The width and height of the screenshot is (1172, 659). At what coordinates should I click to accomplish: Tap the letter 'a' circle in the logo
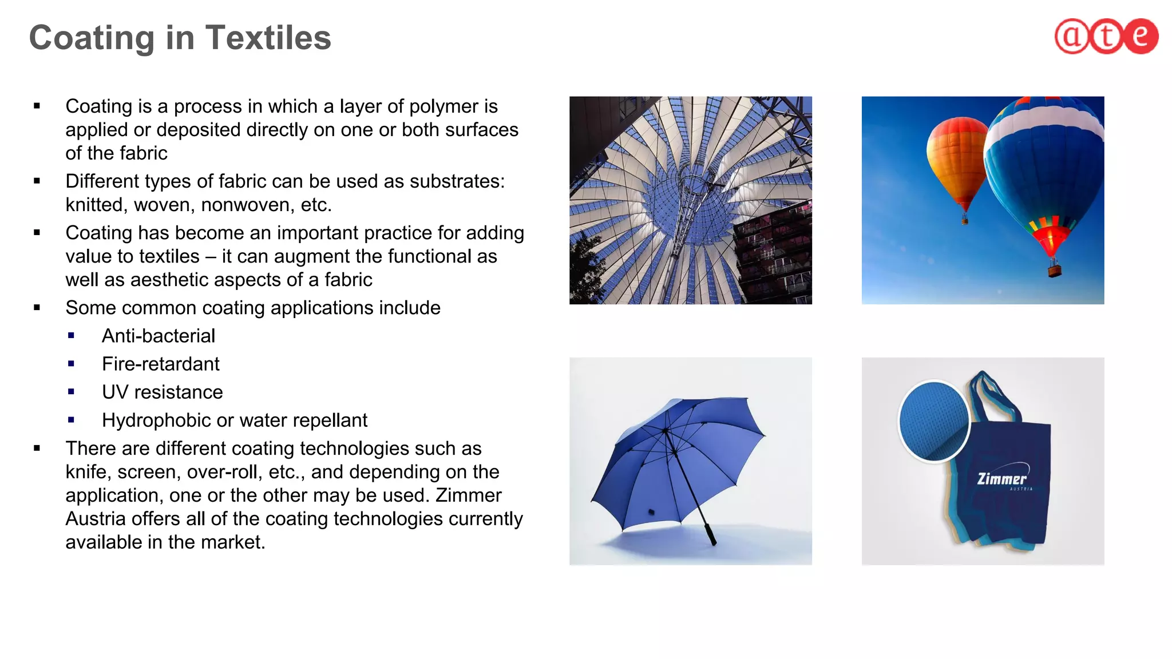coord(1072,36)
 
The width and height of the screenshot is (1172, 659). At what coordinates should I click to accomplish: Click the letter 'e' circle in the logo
coord(1141,36)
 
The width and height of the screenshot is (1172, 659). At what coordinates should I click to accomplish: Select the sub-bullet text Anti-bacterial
coord(159,336)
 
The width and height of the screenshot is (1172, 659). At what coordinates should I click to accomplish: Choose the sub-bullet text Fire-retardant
coord(161,364)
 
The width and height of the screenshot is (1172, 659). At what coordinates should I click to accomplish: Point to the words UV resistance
coord(163,392)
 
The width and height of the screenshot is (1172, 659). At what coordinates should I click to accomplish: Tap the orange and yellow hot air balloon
coord(957,160)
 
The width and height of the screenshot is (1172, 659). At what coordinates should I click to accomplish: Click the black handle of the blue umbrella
coord(710,534)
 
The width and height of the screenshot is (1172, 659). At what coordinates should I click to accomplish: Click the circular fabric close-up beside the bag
coord(934,421)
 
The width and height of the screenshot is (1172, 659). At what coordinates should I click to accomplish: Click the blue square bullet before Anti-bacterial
coord(71,336)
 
